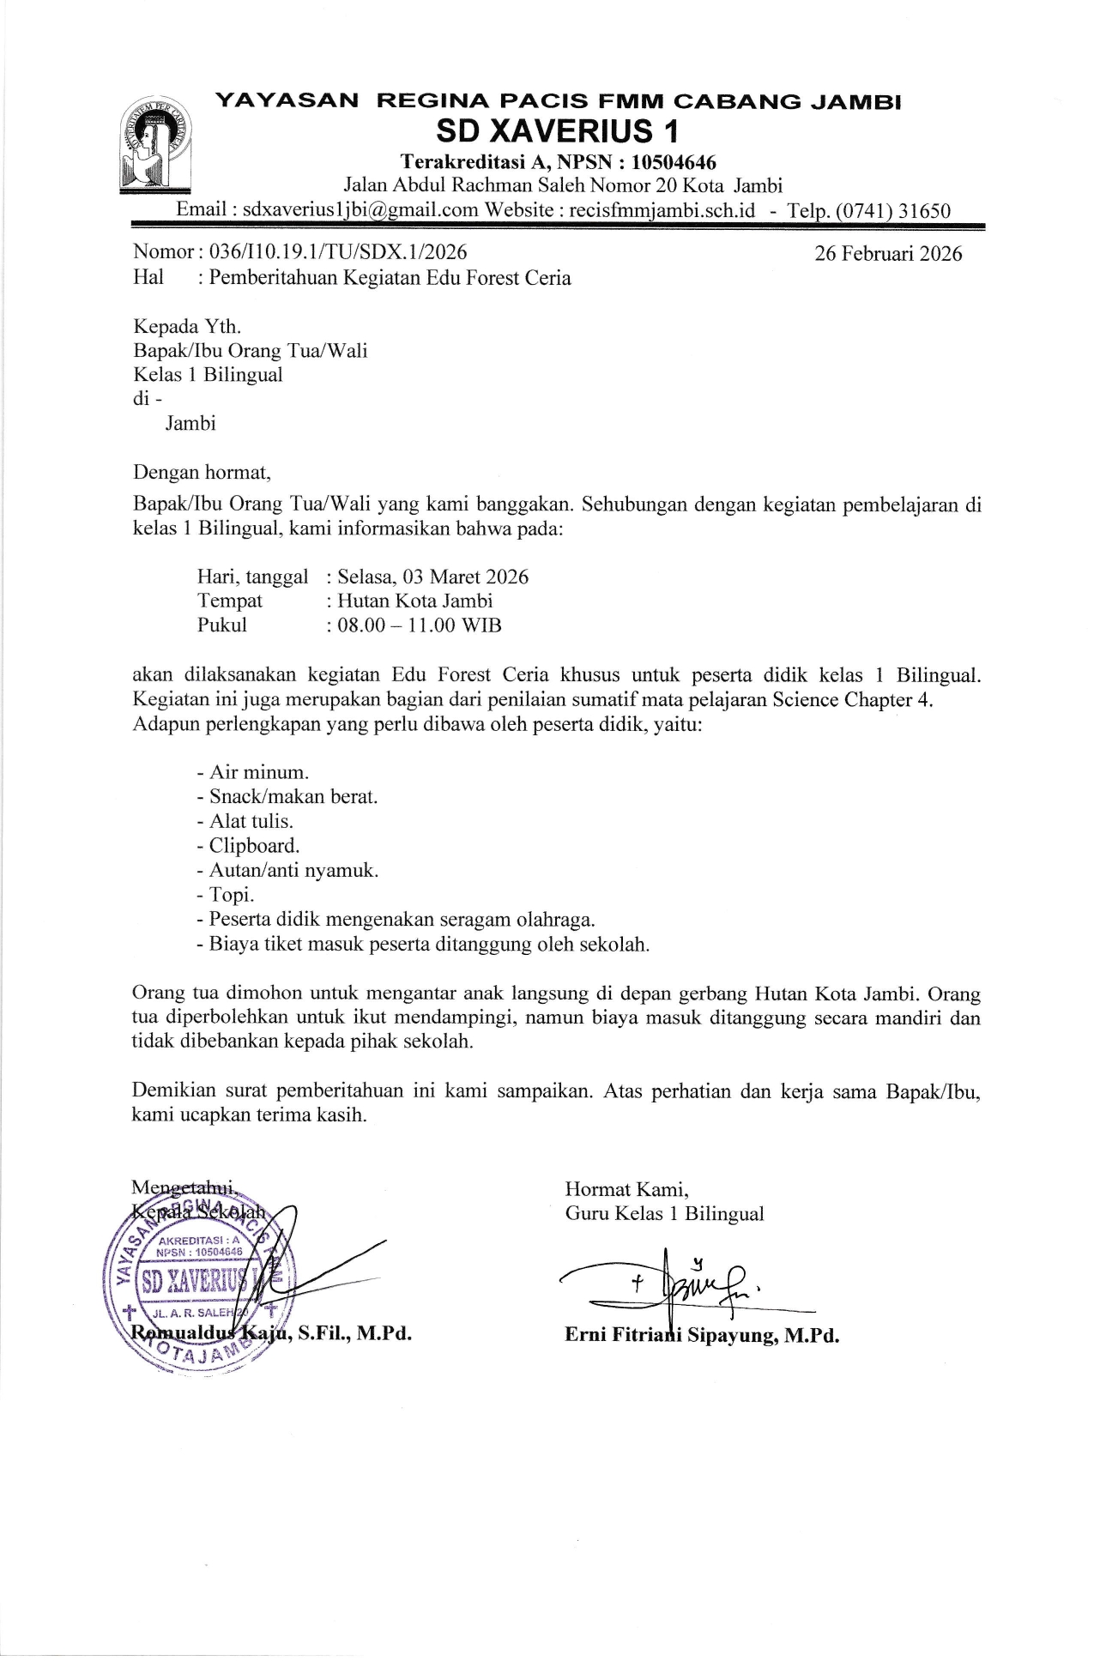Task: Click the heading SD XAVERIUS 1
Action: tap(557, 131)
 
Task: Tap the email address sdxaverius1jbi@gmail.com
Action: tap(360, 210)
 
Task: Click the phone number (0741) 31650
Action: tap(893, 210)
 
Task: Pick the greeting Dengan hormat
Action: tap(202, 472)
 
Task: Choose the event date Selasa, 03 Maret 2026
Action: tap(432, 577)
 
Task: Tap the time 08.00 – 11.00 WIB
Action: tap(419, 625)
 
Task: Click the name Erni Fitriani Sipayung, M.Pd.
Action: tap(701, 1336)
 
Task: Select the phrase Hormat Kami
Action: tap(626, 1189)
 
